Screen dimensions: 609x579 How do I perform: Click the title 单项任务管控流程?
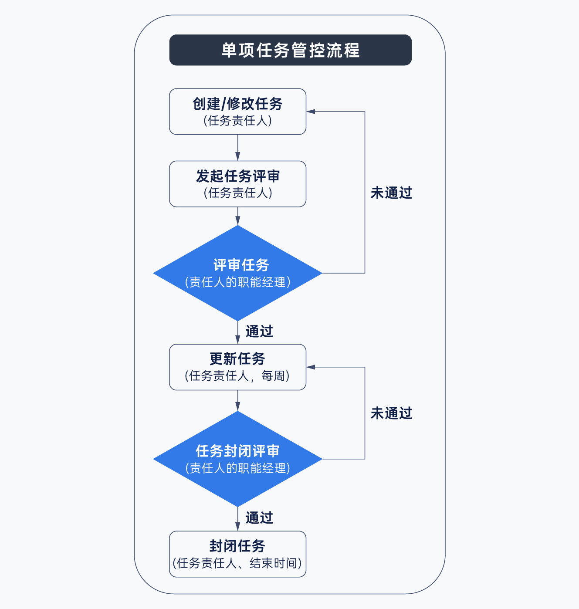pos(290,50)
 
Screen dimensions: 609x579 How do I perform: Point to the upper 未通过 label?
pos(391,193)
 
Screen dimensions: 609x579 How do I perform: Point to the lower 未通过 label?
pos(391,413)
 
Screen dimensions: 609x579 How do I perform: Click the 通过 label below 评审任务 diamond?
pos(259,332)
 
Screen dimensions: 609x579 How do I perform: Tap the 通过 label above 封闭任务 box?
pos(259,518)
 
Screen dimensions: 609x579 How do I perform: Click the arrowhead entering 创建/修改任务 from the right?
pos(311,112)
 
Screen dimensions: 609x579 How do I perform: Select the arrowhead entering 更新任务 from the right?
pos(311,367)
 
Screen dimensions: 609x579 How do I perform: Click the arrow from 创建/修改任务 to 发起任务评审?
pos(237,148)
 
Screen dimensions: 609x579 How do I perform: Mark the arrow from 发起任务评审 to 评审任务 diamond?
pos(237,216)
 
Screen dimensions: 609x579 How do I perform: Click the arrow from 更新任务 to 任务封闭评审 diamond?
pos(237,401)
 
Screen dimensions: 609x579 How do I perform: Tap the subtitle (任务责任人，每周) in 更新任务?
pos(237,376)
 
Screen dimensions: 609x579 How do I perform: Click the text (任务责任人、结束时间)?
pos(237,563)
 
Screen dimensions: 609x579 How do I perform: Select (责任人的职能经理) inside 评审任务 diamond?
pos(237,282)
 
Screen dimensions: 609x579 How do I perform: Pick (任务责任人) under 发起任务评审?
pos(237,193)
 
